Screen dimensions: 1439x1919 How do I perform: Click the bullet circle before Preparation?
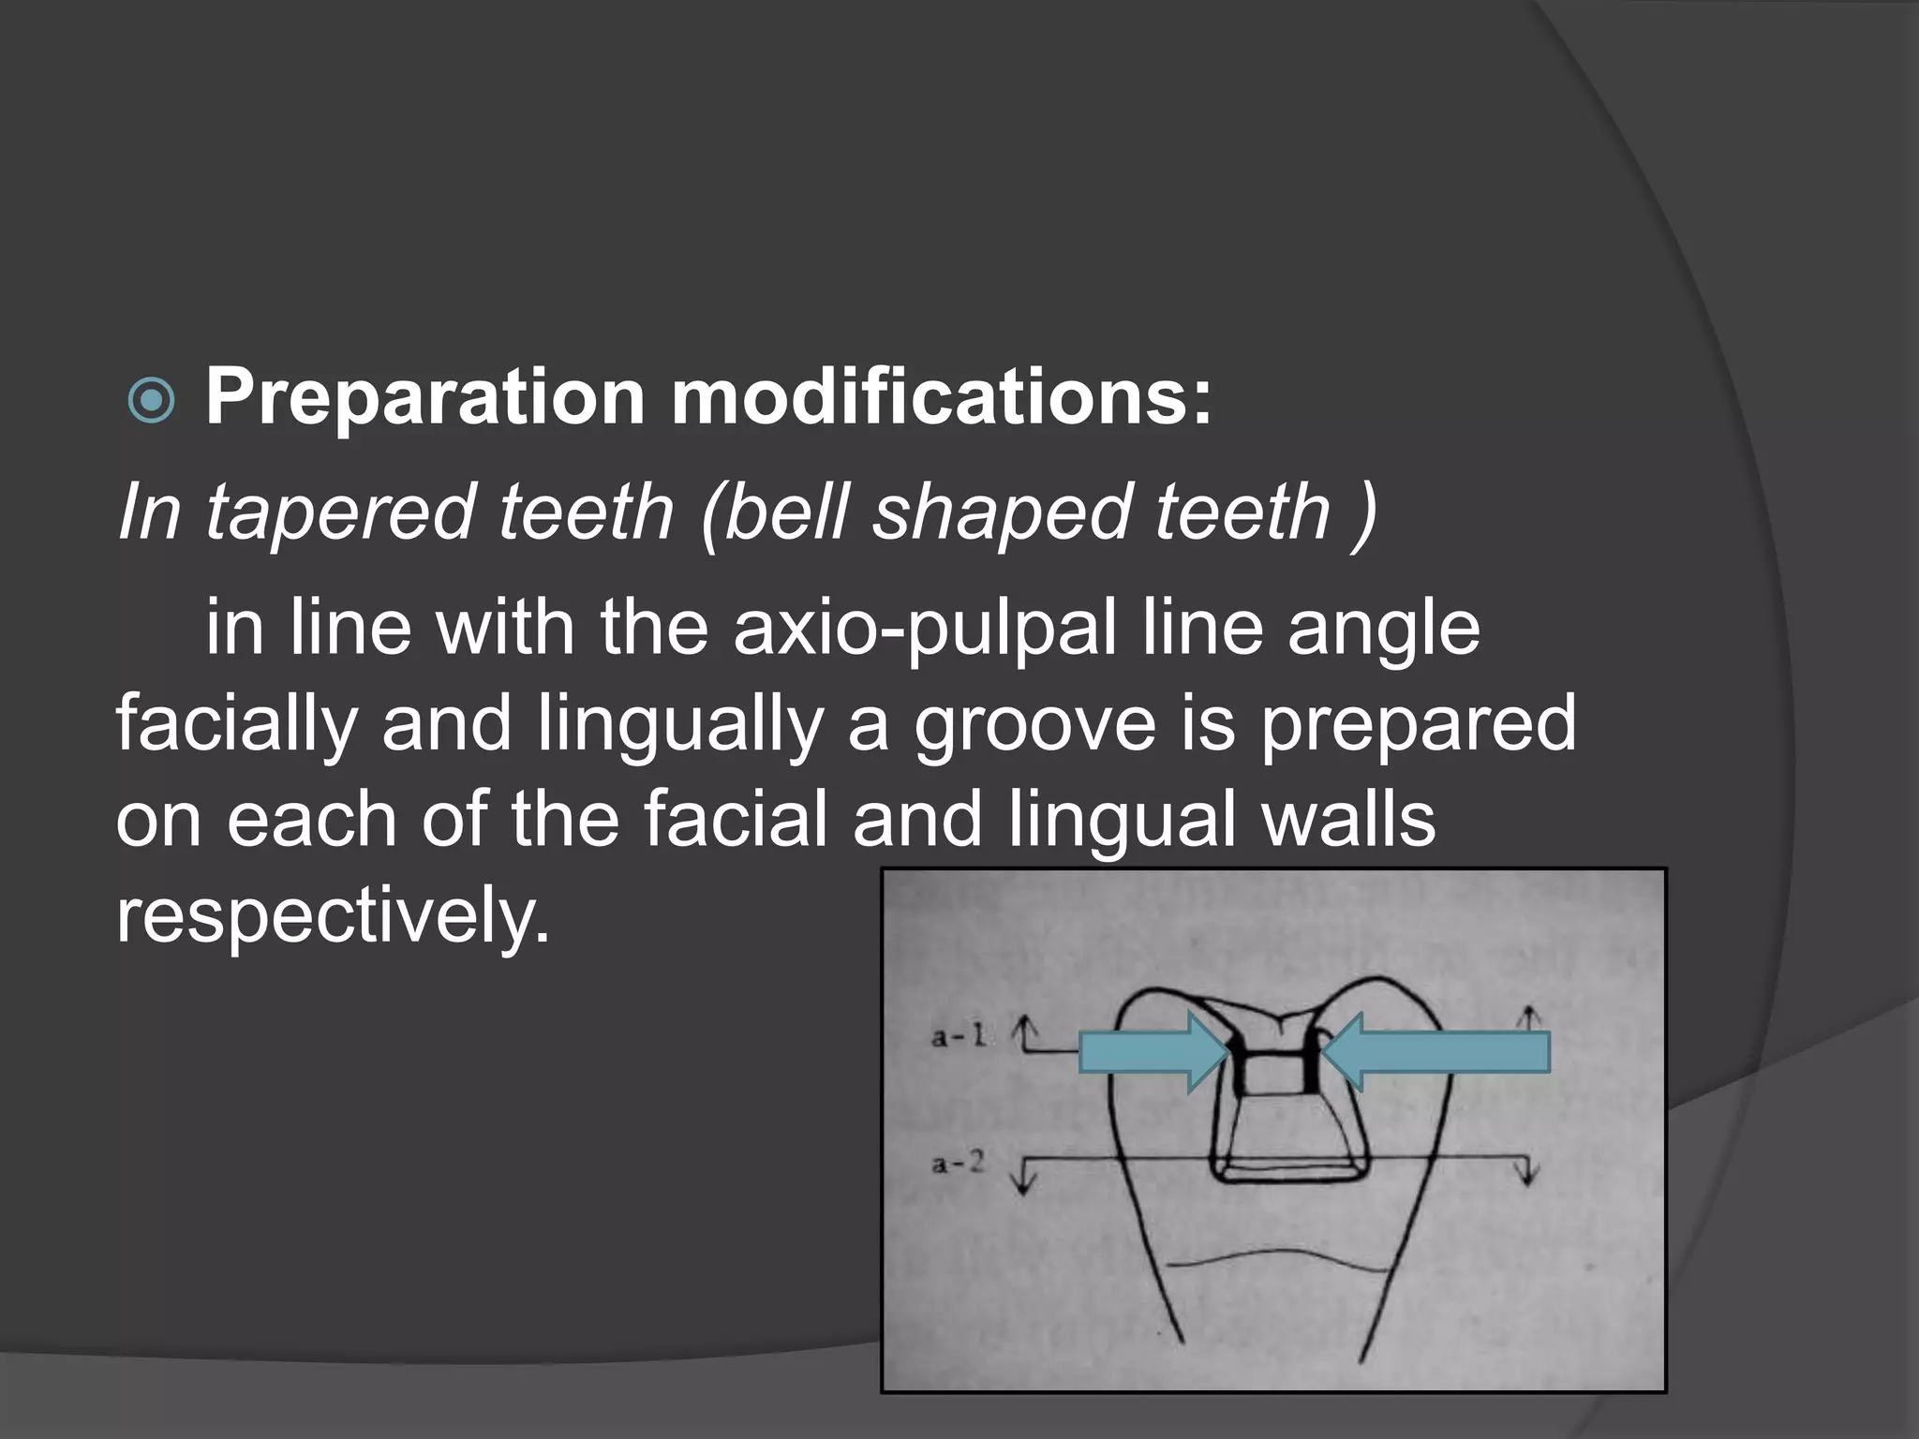[x=151, y=401]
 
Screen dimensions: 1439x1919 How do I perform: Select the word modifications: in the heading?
[x=942, y=397]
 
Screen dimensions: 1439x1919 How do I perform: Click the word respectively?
[x=333, y=916]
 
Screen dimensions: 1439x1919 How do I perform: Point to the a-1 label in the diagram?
[x=958, y=1036]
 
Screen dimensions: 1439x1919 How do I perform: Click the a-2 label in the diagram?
[x=958, y=1165]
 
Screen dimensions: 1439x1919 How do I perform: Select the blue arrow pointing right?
[x=1153, y=1052]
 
